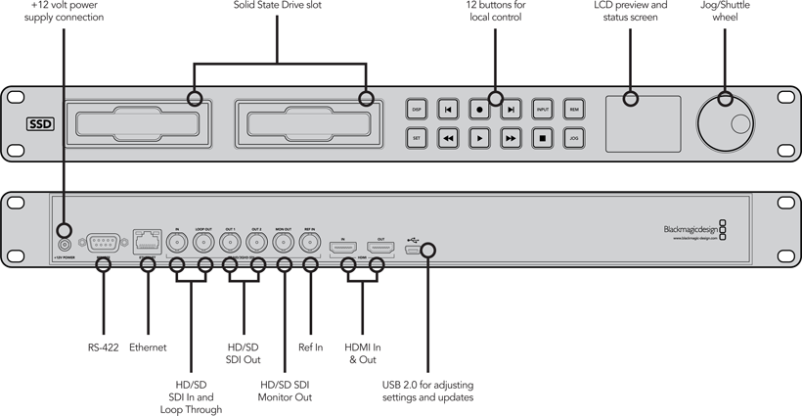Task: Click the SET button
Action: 417,138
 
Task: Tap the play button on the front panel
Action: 479,138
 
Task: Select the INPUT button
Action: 543,110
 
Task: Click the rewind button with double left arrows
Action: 448,138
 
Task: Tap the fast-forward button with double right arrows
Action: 511,138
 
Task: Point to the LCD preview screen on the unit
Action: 643,123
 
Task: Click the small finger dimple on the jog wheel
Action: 740,123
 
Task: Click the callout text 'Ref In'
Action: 311,347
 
